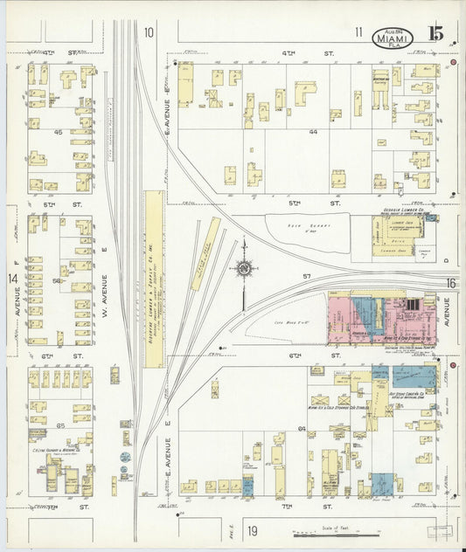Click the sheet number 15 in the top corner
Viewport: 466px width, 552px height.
[x=435, y=34]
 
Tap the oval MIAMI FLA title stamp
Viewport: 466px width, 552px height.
[x=393, y=37]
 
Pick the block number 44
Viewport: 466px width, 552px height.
[x=312, y=130]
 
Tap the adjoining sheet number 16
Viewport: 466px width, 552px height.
[x=450, y=284]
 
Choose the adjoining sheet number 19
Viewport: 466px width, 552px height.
[x=252, y=530]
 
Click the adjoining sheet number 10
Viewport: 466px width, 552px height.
[x=149, y=32]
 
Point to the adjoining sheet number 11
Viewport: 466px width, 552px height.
[x=358, y=32]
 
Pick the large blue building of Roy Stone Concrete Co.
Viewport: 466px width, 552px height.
[x=414, y=376]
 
